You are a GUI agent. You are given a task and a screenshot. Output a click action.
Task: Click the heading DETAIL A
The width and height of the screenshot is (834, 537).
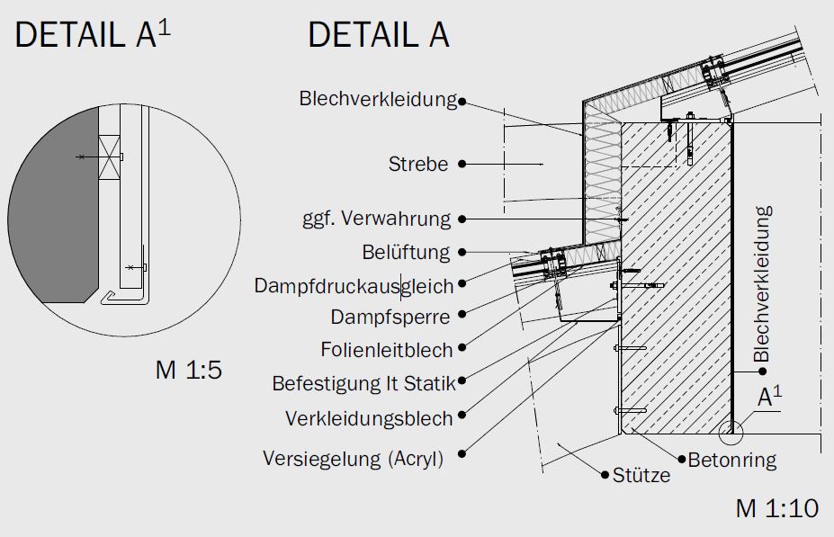click(378, 35)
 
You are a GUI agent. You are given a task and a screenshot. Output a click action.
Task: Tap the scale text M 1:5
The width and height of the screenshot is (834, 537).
click(188, 370)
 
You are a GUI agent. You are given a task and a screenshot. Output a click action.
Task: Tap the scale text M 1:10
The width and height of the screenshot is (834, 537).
click(776, 508)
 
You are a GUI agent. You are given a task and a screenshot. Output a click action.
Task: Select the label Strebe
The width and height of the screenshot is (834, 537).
click(417, 165)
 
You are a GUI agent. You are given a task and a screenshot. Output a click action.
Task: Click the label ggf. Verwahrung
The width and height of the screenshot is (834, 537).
click(376, 219)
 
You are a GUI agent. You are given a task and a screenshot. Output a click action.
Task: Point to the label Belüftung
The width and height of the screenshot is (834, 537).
click(406, 252)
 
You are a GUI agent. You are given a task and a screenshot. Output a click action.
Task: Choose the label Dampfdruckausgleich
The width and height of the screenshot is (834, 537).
click(354, 285)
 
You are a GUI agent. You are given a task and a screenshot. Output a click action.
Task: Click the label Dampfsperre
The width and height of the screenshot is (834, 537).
click(390, 317)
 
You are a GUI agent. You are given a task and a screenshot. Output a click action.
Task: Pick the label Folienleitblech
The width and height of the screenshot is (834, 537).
click(386, 349)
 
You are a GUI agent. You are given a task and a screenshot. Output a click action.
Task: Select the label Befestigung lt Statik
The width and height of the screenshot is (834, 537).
click(363, 384)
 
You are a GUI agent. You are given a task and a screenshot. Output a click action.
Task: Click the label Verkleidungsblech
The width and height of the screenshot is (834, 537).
click(369, 418)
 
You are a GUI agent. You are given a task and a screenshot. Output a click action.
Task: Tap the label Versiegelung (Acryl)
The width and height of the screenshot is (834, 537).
click(353, 459)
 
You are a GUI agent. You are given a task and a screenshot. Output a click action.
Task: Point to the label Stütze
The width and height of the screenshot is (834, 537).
click(641, 475)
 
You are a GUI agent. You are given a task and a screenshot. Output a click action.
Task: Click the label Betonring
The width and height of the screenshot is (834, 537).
click(731, 461)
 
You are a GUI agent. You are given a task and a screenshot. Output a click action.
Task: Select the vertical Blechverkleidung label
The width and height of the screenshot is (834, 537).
click(763, 284)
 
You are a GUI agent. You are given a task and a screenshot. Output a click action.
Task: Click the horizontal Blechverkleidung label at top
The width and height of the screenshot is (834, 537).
click(378, 99)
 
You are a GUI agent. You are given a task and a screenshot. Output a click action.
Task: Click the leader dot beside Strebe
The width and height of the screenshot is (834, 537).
click(462, 165)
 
